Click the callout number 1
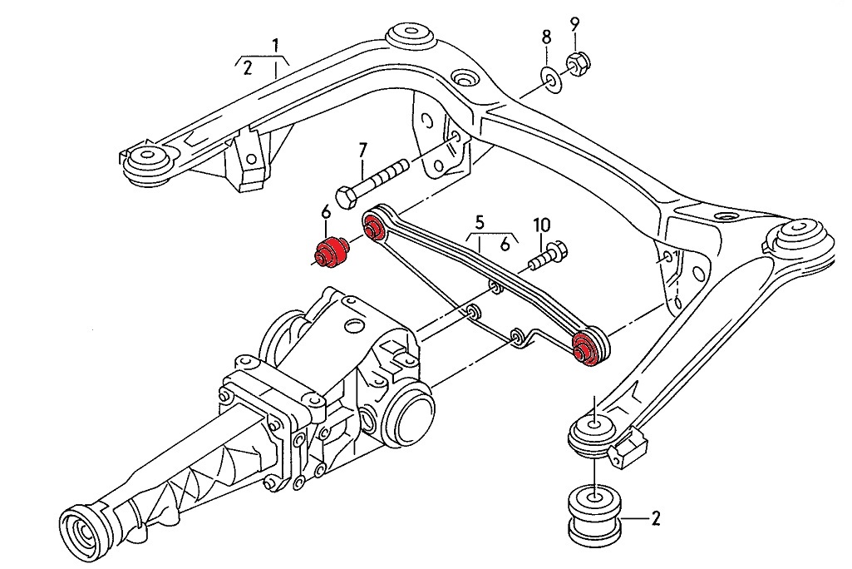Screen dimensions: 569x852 [x=275, y=43]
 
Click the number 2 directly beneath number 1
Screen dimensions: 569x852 [x=247, y=69]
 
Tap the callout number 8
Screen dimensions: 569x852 [x=546, y=37]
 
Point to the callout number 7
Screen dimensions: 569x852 [x=362, y=151]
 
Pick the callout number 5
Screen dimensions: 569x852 [x=480, y=222]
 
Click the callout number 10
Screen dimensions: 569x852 [x=541, y=225]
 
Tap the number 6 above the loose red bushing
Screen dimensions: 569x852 [x=326, y=214]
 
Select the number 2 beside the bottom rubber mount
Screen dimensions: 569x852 [x=656, y=520]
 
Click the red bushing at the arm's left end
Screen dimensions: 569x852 [x=373, y=225]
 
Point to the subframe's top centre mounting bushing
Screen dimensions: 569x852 [x=410, y=35]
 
